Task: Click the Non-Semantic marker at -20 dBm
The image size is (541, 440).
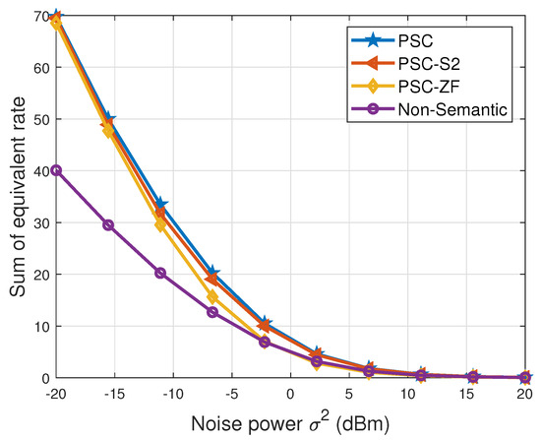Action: click(x=56, y=170)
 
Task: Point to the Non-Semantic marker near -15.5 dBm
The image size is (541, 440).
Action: click(x=108, y=224)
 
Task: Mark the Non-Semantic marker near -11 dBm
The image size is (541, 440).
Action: click(x=160, y=273)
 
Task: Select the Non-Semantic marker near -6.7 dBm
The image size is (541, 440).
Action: click(x=212, y=312)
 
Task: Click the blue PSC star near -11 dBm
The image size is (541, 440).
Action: click(x=160, y=205)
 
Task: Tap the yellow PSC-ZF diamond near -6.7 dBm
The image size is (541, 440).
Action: click(x=212, y=296)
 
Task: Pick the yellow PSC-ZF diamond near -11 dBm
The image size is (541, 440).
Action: click(x=160, y=225)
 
